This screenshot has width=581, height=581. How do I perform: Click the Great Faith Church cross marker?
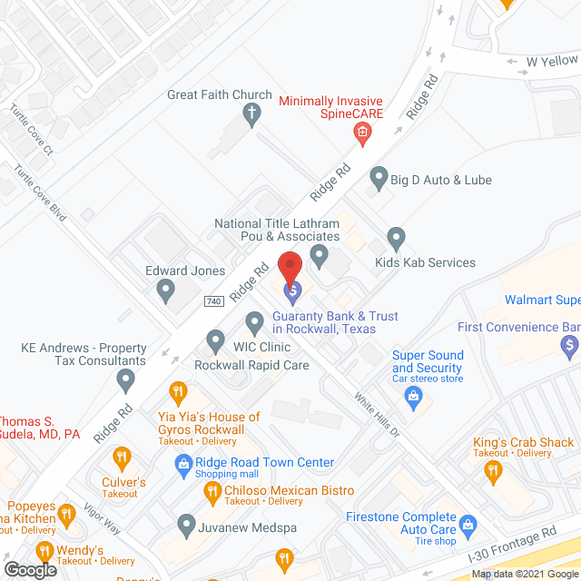click(252, 114)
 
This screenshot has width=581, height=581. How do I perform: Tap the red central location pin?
click(290, 266)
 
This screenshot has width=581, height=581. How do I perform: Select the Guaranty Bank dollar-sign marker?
click(292, 292)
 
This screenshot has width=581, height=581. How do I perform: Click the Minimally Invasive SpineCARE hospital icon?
click(361, 135)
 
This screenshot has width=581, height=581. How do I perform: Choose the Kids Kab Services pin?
click(396, 240)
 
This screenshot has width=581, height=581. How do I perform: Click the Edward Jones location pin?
click(165, 291)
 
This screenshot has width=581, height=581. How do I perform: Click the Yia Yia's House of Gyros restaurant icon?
click(179, 394)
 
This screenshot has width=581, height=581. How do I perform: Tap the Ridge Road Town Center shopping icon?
click(183, 463)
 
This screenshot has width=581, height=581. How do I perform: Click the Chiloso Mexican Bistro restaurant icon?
click(212, 492)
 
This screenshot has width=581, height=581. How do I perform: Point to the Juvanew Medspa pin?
click(186, 524)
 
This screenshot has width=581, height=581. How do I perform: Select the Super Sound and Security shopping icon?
click(414, 396)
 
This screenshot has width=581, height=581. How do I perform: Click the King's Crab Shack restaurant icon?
click(493, 469)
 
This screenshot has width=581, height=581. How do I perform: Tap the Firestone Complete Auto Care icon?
click(468, 525)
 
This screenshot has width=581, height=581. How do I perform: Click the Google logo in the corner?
click(30, 569)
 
